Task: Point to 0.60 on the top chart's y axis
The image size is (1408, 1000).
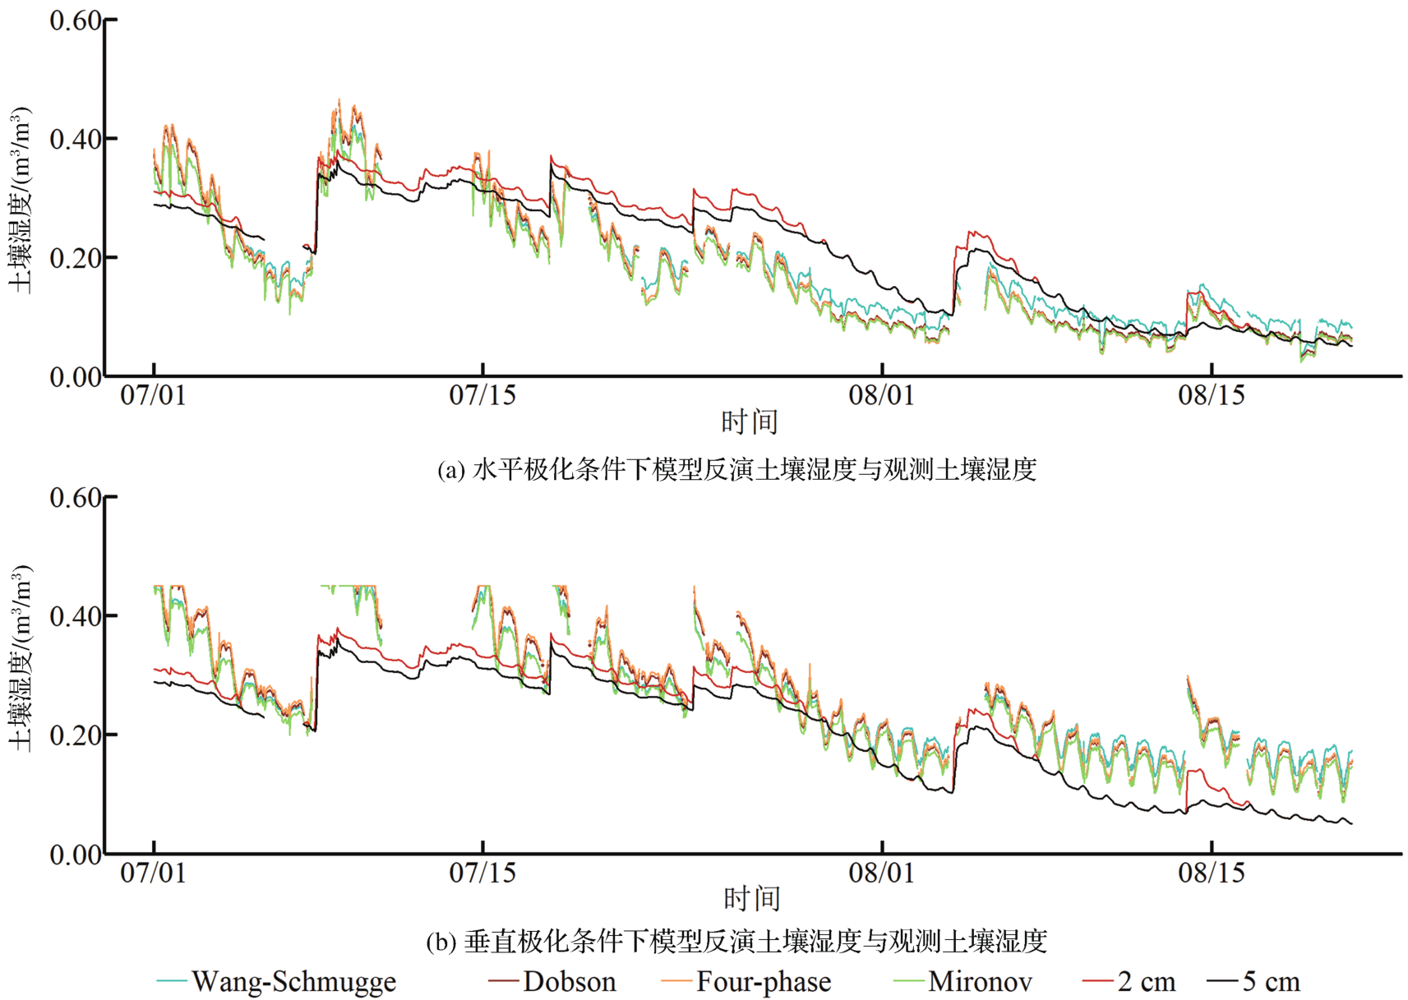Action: [76, 21]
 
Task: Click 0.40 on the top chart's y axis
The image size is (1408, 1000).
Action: [76, 140]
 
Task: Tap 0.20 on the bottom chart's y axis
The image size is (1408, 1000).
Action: [76, 735]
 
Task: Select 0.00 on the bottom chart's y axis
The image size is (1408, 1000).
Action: [76, 855]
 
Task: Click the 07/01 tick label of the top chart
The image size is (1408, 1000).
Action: [154, 395]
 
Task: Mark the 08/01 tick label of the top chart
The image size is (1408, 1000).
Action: [882, 395]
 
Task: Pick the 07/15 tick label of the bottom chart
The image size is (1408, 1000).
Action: [482, 872]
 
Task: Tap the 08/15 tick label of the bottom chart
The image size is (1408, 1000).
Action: [1212, 872]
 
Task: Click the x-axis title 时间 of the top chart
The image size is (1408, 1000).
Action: [750, 422]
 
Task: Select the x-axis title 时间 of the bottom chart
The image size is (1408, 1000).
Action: [751, 899]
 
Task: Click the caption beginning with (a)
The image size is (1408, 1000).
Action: [736, 469]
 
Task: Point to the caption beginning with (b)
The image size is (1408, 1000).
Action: [736, 941]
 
